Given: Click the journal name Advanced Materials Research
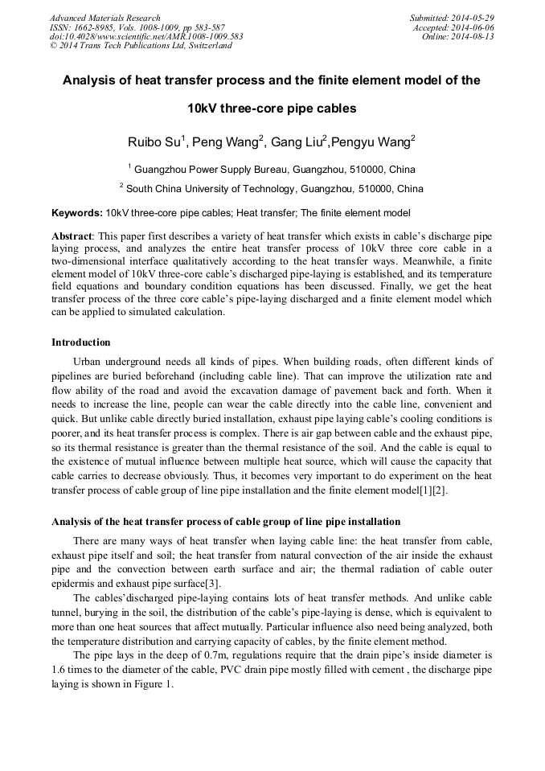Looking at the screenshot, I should [104, 18].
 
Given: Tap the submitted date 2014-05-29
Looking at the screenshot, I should [474, 18].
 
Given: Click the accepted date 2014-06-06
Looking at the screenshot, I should [474, 27].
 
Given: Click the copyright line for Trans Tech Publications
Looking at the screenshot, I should [141, 46].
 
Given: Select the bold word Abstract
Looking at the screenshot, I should [72, 236].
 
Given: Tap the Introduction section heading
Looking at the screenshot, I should [81, 342].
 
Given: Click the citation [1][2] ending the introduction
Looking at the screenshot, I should [429, 490].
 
